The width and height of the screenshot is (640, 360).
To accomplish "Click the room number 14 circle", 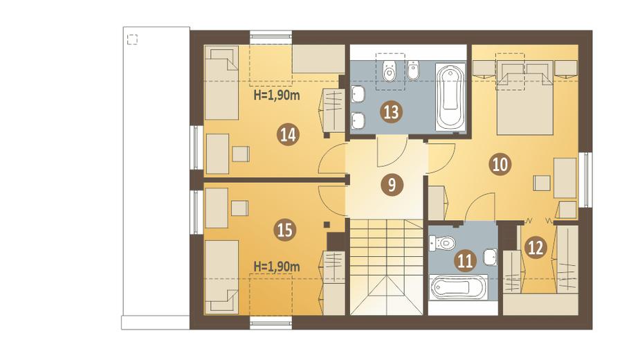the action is coord(288,135).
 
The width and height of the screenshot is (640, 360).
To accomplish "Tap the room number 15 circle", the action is coord(285,230).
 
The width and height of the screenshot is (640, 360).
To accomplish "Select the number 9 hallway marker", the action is coord(392,185).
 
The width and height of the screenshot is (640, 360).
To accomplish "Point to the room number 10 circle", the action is coord(500,164).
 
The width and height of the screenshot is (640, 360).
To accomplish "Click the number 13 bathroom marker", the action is coord(391,112).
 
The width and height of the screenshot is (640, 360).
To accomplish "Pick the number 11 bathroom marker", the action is coord(465,260).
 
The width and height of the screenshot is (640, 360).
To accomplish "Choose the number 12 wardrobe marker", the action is coord(536,247).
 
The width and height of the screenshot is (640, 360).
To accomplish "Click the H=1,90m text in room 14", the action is coord(277,96).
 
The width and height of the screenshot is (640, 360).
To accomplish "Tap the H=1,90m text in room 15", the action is coord(277,267).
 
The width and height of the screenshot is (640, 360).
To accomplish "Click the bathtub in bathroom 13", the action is coord(450,97).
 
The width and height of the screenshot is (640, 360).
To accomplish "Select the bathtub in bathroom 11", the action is coord(459,288).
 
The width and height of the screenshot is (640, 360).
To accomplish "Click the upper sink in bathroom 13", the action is coord(358,95).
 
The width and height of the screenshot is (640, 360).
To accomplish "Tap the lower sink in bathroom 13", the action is coord(358,120).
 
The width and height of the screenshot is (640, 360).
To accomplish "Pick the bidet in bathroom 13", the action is coord(414,70).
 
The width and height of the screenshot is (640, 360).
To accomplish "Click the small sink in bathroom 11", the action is coord(490,258).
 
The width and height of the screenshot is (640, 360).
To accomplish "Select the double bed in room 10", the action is coord(525,98).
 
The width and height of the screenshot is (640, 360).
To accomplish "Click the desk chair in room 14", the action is coord(241,154).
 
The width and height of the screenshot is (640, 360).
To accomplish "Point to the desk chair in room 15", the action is coord(239,208).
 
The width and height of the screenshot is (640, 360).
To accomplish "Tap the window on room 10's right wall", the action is coord(586,180).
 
